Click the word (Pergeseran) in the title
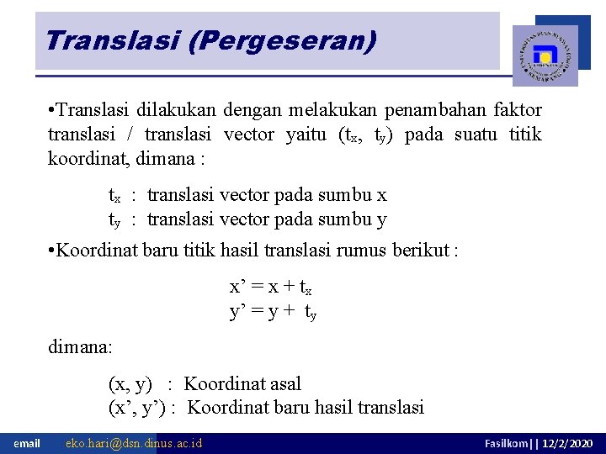coord(282,40)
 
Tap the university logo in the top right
coord(545,55)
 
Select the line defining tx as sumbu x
coord(247,196)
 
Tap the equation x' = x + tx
coord(272,287)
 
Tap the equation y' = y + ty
coord(273,312)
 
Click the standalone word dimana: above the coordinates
coord(80,346)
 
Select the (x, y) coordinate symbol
coord(130,384)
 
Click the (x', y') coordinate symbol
coord(138,409)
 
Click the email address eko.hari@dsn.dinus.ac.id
coord(134,443)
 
